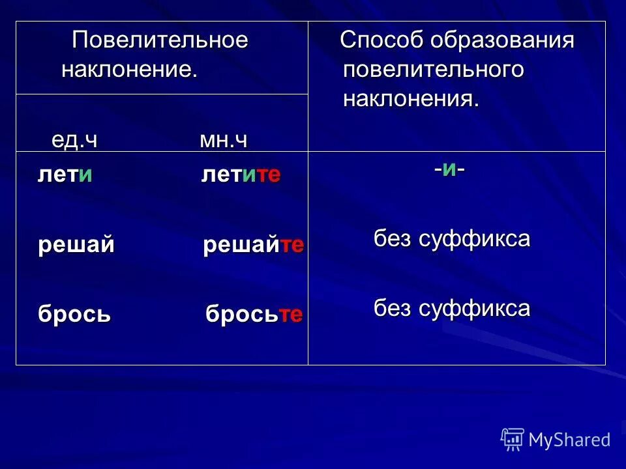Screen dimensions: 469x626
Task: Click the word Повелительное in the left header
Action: click(160, 40)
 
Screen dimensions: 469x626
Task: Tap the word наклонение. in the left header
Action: click(129, 70)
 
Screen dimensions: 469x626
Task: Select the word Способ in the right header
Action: click(381, 40)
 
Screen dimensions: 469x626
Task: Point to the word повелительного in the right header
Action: click(433, 70)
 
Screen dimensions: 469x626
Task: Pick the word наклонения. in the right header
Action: click(411, 99)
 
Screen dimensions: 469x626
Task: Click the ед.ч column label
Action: click(74, 140)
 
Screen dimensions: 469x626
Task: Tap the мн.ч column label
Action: click(224, 140)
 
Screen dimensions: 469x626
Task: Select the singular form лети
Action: click(65, 175)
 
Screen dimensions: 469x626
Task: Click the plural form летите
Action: click(241, 175)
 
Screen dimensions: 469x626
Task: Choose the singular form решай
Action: click(76, 245)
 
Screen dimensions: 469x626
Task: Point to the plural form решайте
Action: click(254, 245)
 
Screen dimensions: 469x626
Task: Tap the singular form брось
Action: click(74, 315)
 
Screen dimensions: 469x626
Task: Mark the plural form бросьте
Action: click(254, 315)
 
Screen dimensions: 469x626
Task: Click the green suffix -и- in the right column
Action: click(449, 169)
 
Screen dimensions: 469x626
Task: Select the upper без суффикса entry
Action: click(452, 239)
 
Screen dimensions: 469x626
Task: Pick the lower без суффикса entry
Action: click(452, 308)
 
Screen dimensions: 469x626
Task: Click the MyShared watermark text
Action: click(569, 440)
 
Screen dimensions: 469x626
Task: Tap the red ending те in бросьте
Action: click(291, 315)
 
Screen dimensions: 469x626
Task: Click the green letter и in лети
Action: click(85, 175)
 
